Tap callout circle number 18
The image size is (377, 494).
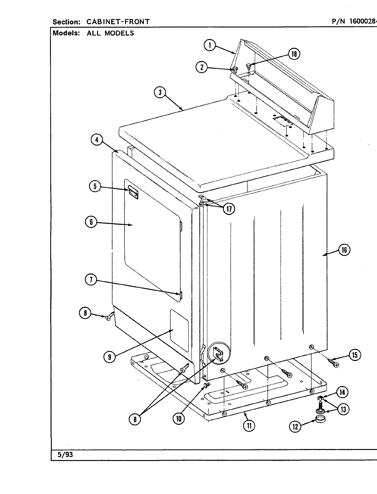pos(294,54)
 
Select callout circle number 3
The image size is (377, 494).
pos(160,92)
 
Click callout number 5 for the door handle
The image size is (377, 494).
pos(95,186)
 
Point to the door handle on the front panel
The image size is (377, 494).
pos(133,192)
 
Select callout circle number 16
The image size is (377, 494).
pos(344,250)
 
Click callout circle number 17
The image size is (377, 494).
pos(229,209)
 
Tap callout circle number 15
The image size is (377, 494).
pos(355,355)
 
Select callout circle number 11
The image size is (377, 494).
pos(249,426)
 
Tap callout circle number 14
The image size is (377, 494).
pos(342,392)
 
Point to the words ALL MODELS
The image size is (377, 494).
pos(110,33)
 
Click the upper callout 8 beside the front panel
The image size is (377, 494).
pos(85,313)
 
